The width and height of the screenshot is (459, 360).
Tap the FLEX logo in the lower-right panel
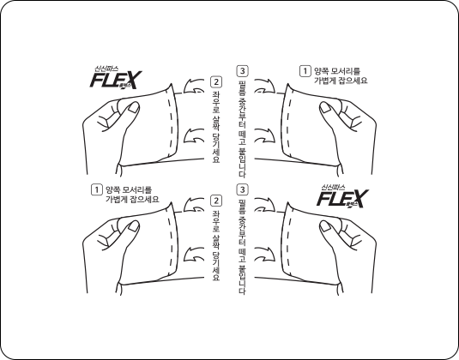click(x=341, y=198)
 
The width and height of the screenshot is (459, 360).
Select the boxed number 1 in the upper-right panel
click(x=303, y=70)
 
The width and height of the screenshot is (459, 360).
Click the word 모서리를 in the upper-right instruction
click(x=344, y=70)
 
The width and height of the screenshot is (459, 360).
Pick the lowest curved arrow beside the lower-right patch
click(x=266, y=255)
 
